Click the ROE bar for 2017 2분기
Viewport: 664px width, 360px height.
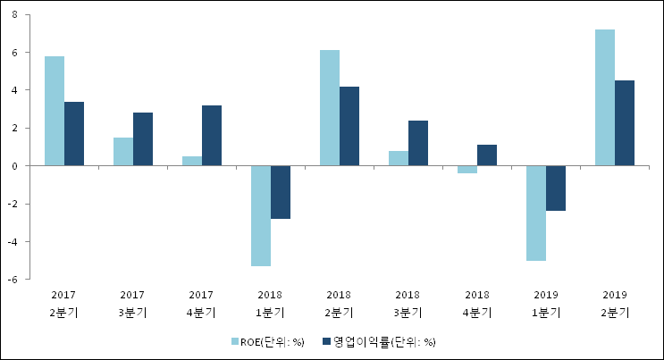pos(55,111)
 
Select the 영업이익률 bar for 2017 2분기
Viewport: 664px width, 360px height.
pos(74,134)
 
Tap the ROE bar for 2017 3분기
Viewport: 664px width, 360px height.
pos(123,152)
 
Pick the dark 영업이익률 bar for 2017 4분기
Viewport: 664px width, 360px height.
pos(212,136)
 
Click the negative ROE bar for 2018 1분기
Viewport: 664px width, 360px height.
pos(261,215)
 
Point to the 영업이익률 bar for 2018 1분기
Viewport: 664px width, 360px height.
pos(281,192)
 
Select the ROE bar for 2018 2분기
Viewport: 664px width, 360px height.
pos(330,108)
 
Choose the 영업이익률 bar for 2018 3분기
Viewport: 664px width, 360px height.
pos(418,143)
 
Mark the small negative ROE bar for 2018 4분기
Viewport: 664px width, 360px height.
pos(467,169)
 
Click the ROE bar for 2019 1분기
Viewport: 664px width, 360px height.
pos(536,213)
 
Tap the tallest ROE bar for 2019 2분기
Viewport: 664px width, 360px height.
pos(605,97)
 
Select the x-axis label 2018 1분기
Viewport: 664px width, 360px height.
pos(270,304)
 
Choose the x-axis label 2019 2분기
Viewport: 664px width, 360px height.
pos(615,304)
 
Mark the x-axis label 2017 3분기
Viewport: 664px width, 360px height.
pos(132,304)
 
